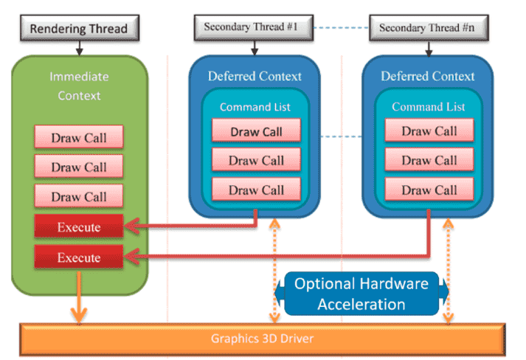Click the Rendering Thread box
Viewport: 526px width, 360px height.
[x=80, y=28]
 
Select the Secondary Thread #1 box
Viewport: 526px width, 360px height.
[x=254, y=27]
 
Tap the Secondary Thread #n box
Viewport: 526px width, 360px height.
[x=429, y=28]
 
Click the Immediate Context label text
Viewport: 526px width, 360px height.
[x=79, y=86]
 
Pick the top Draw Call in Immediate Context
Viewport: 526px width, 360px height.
[x=79, y=137]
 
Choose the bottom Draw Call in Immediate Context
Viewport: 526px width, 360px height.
[x=79, y=196]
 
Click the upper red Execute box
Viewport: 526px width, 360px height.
[x=79, y=226]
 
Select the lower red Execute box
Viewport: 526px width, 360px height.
[x=79, y=257]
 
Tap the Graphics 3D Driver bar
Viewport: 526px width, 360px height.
[x=263, y=339]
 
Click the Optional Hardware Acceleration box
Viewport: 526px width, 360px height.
[x=361, y=294]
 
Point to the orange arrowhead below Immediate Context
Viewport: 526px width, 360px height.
[x=79, y=316]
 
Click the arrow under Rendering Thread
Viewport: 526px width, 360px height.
[x=79, y=48]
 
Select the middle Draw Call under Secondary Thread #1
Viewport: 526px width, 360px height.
[x=256, y=160]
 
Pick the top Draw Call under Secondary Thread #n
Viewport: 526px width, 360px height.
[x=429, y=130]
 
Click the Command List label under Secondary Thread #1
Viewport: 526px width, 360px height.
[x=255, y=107]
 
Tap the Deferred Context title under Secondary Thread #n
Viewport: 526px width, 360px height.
[x=428, y=76]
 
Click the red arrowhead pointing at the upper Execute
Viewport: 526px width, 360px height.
[x=131, y=226]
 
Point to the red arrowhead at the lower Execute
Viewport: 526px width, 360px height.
[x=131, y=257]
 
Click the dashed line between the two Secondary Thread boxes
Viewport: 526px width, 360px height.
[x=341, y=27]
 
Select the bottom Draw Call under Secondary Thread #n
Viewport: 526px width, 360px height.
[x=429, y=190]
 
